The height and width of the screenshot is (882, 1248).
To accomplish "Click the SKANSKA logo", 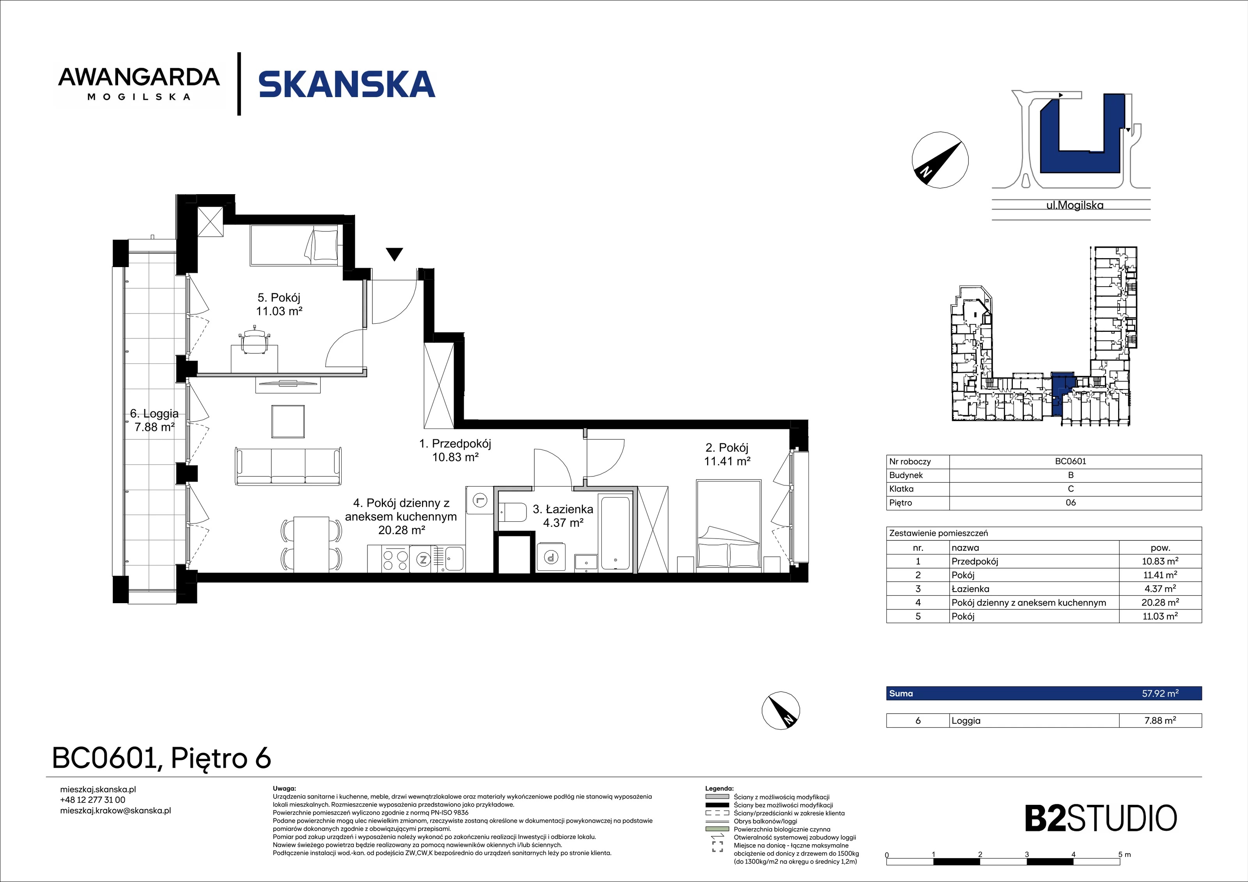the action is pos(347,84).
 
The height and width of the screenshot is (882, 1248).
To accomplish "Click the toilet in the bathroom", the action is pos(512,512).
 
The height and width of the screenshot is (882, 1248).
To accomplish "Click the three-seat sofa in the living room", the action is pos(289,466).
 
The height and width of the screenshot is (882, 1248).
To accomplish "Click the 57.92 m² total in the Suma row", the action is pos(1160,693).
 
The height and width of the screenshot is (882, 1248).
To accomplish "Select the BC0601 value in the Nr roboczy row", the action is pos(1070,461).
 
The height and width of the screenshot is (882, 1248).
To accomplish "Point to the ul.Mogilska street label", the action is pos(1074,205).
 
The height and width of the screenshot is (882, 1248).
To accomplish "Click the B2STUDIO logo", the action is pos(1101,818).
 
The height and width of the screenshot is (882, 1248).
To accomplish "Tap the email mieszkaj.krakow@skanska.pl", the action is pos(115,811).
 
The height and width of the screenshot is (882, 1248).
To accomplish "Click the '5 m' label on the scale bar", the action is pos(1124,855).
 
